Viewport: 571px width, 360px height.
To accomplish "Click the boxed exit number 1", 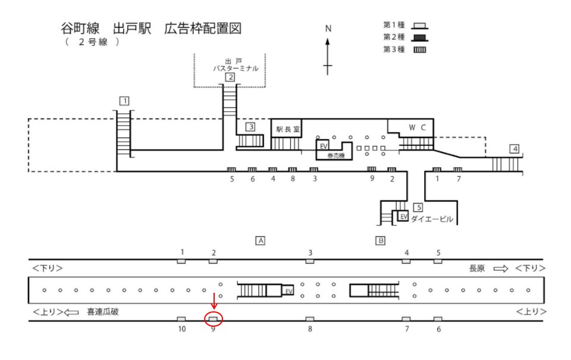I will (x=124, y=101).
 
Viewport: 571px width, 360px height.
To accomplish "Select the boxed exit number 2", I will (x=230, y=77).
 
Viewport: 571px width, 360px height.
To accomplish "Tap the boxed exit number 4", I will (x=514, y=148).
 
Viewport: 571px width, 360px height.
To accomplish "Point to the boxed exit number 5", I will (x=418, y=207).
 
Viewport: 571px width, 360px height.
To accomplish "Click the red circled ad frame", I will (x=214, y=319).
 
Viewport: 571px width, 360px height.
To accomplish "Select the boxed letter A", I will (x=259, y=240).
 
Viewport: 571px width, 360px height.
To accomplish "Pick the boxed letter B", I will (x=380, y=240).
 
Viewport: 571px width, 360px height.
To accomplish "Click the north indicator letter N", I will (x=328, y=28).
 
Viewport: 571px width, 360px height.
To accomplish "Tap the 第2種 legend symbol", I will (x=420, y=37).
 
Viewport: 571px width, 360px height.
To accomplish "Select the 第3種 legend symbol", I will (x=420, y=49).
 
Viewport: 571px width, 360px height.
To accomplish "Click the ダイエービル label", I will (x=432, y=219).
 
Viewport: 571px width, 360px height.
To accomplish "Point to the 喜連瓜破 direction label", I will (x=102, y=311).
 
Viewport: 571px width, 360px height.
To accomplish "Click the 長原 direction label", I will (x=477, y=268).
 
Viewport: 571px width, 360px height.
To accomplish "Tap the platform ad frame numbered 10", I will (x=181, y=319).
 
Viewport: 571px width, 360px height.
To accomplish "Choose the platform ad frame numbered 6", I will (x=438, y=319).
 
